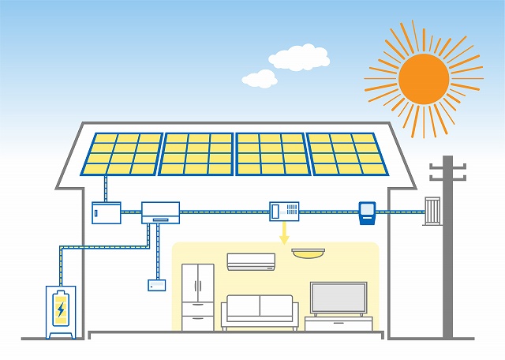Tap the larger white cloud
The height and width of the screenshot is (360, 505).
298,57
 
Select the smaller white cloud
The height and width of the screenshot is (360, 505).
259,78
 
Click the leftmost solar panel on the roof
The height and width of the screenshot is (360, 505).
122,154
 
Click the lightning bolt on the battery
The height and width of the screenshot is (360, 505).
61,309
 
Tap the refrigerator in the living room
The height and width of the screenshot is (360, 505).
197,296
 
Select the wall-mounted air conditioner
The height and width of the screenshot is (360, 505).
251,261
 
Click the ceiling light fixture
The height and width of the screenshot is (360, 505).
308,253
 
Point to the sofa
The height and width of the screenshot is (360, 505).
260,312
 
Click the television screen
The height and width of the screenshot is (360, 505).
339,298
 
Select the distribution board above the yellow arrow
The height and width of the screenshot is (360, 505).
285,211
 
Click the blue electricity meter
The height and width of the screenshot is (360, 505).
367,212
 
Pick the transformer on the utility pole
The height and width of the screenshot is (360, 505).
432,211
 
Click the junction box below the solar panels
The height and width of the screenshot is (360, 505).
106,213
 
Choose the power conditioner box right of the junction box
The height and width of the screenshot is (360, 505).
160,212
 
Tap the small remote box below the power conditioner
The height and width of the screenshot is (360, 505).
157,284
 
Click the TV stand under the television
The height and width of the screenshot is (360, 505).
339,323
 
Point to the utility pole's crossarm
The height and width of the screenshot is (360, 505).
447,168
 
